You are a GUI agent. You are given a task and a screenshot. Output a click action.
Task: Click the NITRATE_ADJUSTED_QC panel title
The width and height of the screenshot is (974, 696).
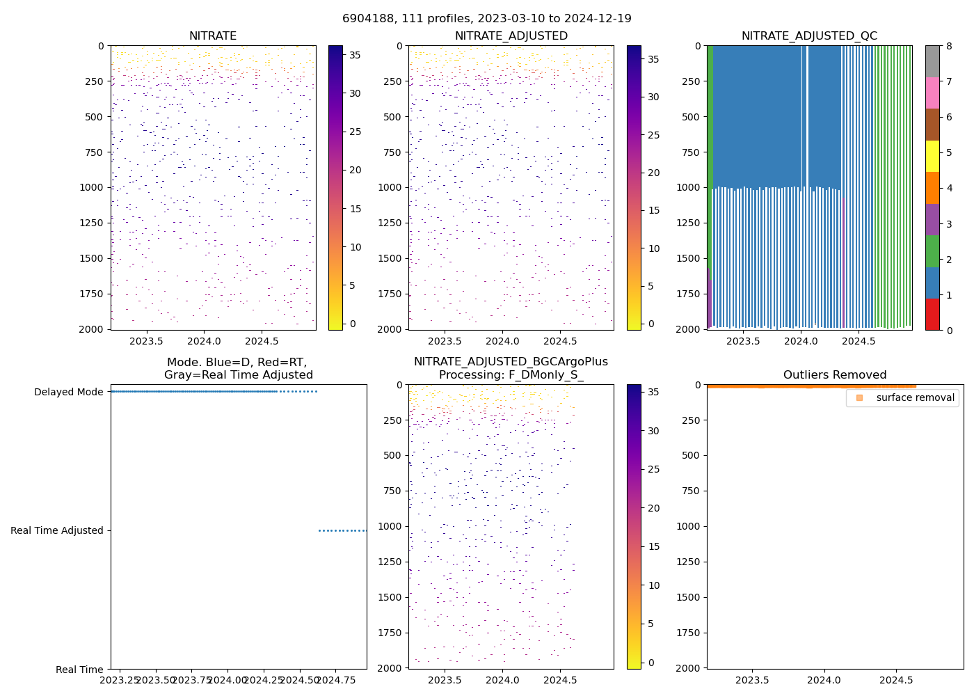tap(809, 36)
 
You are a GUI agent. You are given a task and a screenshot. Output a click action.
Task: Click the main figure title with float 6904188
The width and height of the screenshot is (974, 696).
tap(487, 19)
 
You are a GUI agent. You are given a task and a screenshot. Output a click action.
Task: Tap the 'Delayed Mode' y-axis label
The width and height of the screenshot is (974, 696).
tap(68, 392)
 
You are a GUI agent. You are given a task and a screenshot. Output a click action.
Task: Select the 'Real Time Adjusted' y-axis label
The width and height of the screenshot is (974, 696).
tap(56, 530)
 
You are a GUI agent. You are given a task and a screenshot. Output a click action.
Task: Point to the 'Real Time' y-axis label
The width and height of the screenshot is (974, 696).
tap(79, 670)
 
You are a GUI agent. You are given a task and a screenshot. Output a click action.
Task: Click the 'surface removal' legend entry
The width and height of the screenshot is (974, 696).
tap(915, 397)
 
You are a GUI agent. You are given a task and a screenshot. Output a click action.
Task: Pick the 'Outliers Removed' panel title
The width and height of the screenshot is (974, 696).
tap(835, 375)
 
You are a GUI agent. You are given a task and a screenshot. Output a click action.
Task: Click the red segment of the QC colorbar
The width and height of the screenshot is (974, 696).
tap(932, 314)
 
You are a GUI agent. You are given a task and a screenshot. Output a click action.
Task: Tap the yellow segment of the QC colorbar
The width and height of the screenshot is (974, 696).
tap(932, 156)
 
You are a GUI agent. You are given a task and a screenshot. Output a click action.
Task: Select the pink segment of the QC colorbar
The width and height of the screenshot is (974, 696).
tap(932, 93)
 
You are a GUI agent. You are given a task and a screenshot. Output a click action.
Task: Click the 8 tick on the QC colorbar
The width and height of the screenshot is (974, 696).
tap(948, 46)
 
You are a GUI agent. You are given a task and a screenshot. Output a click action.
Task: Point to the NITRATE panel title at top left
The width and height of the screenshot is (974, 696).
tap(213, 36)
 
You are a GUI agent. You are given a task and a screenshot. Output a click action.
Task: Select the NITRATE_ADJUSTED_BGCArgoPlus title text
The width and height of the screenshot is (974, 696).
tap(511, 362)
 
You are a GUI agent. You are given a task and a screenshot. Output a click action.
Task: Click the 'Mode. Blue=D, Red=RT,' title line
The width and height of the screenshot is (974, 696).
tap(237, 362)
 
